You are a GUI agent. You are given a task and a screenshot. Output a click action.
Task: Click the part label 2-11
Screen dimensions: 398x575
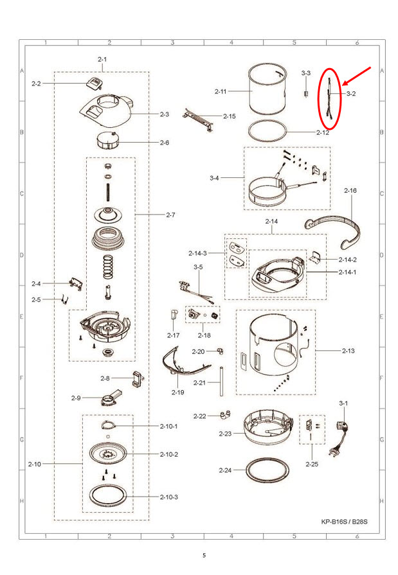[x=221, y=91]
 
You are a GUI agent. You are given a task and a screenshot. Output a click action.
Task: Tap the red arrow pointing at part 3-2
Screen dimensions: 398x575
[x=356, y=76]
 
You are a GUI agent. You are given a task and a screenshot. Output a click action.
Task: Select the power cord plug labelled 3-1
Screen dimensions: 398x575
[x=340, y=438]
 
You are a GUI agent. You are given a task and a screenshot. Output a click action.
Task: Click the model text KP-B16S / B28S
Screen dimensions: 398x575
[x=344, y=522]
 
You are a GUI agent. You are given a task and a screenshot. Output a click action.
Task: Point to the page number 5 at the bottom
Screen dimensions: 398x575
[x=204, y=555]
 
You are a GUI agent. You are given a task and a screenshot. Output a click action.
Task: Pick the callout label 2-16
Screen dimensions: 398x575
[x=350, y=190]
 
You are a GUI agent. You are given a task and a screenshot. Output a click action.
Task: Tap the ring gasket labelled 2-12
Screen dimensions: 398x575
[x=267, y=130]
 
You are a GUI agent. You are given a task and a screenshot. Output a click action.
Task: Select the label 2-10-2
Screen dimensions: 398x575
[x=169, y=454]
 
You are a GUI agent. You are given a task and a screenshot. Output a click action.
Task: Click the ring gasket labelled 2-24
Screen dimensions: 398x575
[x=267, y=470]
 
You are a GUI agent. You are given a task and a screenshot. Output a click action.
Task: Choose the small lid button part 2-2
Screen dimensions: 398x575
[x=94, y=83]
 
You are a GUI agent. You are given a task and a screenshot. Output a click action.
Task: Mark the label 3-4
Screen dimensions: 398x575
[x=214, y=178]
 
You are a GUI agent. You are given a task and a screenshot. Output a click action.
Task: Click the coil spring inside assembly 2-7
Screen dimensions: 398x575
[x=107, y=266]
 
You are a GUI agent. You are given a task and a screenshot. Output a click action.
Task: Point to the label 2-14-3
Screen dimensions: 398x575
[x=197, y=253]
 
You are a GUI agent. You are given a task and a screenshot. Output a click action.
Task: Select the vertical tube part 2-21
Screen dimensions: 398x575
[x=221, y=382]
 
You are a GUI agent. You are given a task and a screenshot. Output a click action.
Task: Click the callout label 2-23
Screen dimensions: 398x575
[x=225, y=434]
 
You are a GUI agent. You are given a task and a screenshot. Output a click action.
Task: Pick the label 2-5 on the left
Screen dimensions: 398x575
[x=36, y=299]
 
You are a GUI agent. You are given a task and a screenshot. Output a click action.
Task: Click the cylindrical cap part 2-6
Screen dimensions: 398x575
[x=107, y=140]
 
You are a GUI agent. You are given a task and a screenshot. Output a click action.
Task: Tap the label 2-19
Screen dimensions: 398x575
[x=177, y=393]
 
